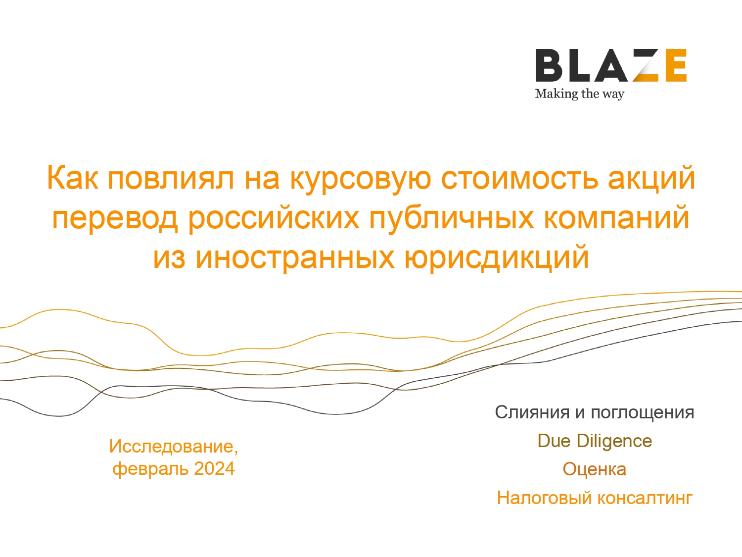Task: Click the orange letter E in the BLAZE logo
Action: coord(674,65)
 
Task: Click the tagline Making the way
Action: coord(579,94)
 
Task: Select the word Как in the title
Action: coord(72,178)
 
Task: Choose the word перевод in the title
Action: coord(115,220)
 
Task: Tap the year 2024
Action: coord(214,469)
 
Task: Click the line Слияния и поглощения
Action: coord(594,412)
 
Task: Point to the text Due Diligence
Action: coord(595,441)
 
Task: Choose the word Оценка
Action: coord(594,469)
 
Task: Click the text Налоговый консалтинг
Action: coord(594,498)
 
